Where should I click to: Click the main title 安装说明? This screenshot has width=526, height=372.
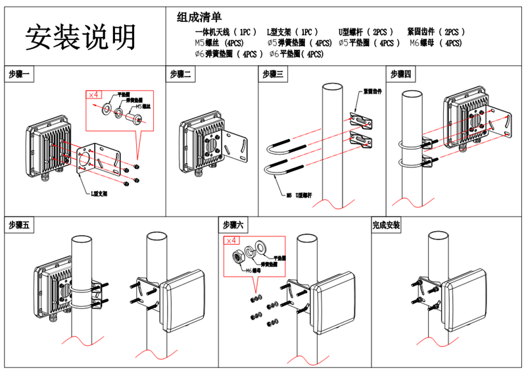(80, 38)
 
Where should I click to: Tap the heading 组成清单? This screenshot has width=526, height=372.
(199, 18)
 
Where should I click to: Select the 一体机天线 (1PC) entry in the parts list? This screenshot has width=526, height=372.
(226, 32)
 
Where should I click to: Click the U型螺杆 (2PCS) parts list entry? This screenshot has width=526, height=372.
(366, 32)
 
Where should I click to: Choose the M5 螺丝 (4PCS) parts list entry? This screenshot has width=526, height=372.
(220, 43)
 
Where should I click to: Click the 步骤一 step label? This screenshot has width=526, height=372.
(20, 74)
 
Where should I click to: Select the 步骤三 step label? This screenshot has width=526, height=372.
(274, 74)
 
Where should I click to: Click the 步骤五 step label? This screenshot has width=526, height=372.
(20, 225)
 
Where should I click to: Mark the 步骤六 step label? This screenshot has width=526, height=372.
(234, 225)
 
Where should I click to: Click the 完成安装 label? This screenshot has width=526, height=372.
(386, 225)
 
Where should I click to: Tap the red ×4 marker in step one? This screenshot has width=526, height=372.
(94, 95)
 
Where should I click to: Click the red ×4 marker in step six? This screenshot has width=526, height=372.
(232, 242)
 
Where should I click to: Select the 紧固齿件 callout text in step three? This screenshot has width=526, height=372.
(373, 92)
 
